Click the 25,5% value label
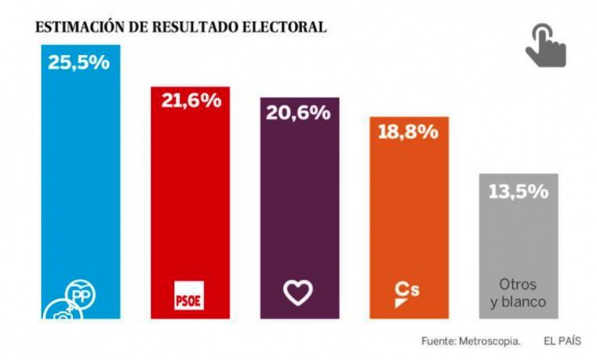(x=79, y=63)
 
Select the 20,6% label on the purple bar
(x=298, y=113)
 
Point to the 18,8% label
(x=408, y=132)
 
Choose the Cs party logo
(x=406, y=295)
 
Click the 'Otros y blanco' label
(x=518, y=293)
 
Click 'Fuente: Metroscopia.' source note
(x=471, y=341)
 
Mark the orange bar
(x=409, y=219)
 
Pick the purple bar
(x=300, y=209)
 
